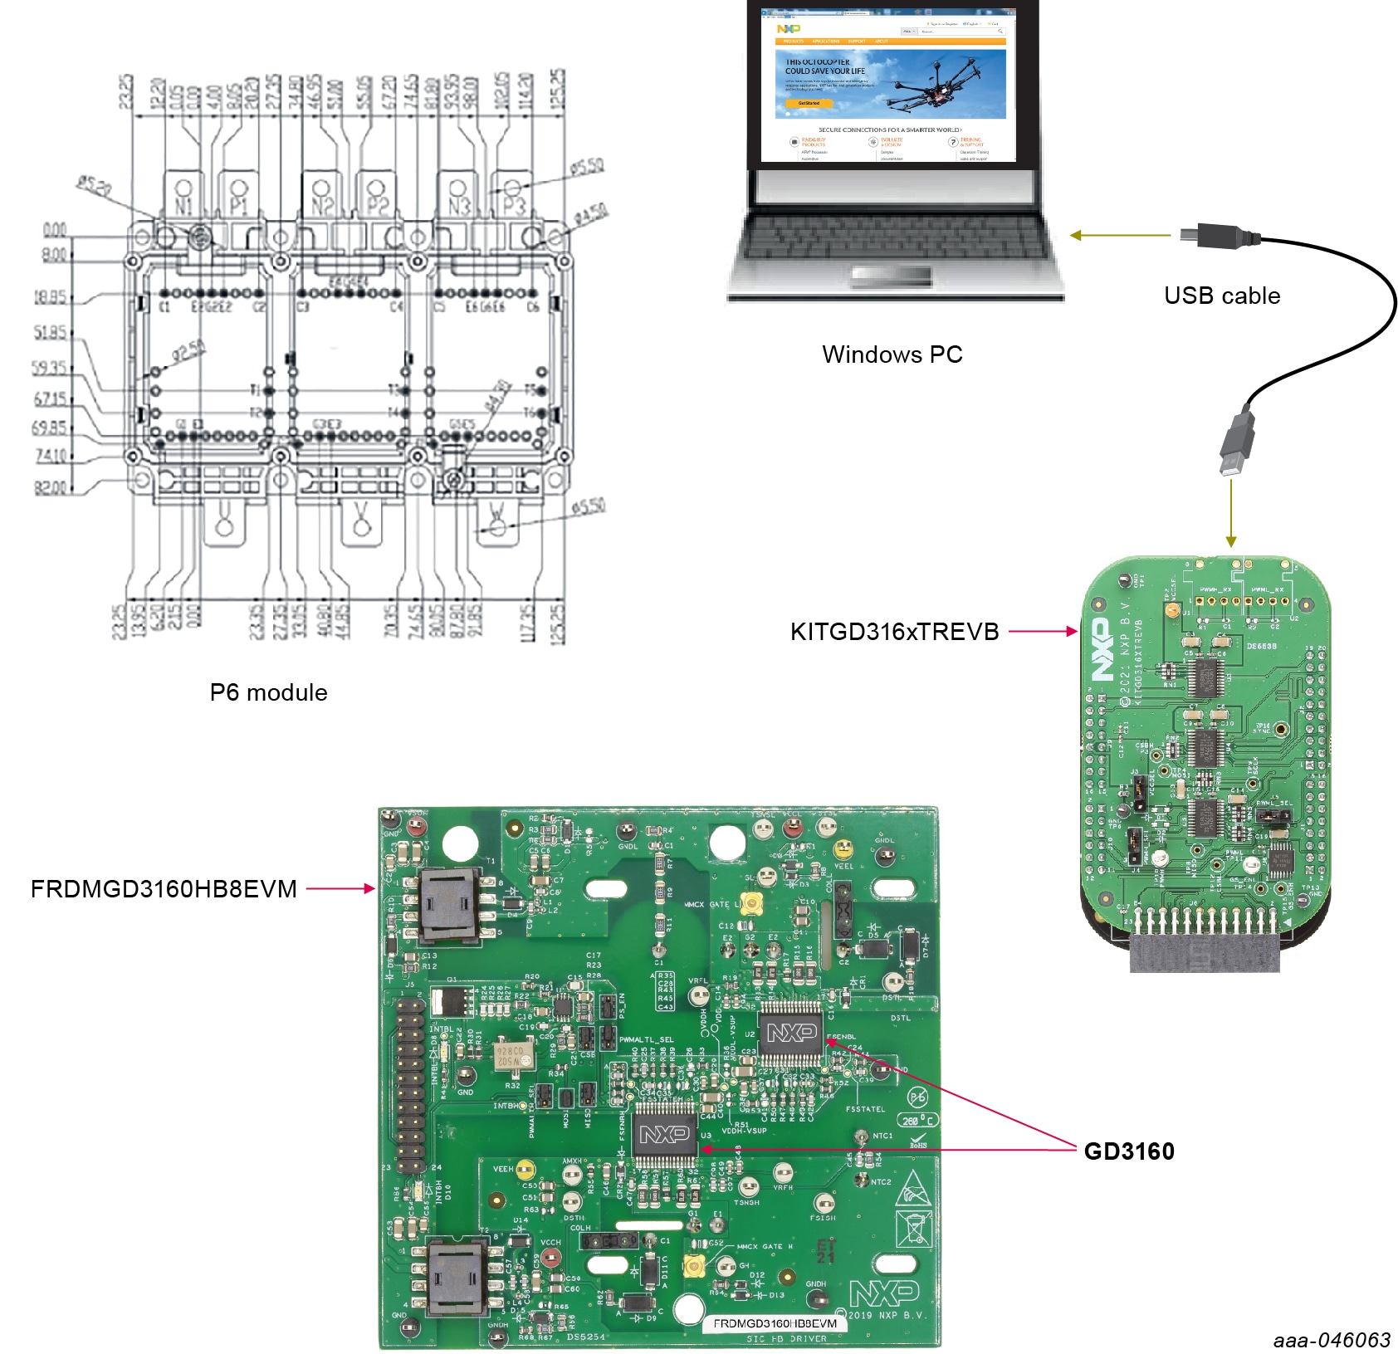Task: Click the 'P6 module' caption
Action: [x=268, y=692]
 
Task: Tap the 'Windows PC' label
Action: [x=892, y=354]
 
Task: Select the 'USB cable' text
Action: [x=1221, y=296]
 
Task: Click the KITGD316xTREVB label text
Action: [x=894, y=632]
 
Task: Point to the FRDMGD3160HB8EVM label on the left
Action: [x=164, y=889]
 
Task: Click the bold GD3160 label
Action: [x=1129, y=1151]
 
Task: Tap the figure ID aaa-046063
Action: [x=1332, y=1340]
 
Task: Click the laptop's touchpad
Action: [x=892, y=275]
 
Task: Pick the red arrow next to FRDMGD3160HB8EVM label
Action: [x=340, y=889]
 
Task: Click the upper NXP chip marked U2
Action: [x=790, y=1034]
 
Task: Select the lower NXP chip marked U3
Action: [x=664, y=1135]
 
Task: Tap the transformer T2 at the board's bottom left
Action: [x=456, y=1275]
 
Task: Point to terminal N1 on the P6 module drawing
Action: [x=183, y=198]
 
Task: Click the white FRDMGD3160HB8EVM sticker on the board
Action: [x=775, y=1323]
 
